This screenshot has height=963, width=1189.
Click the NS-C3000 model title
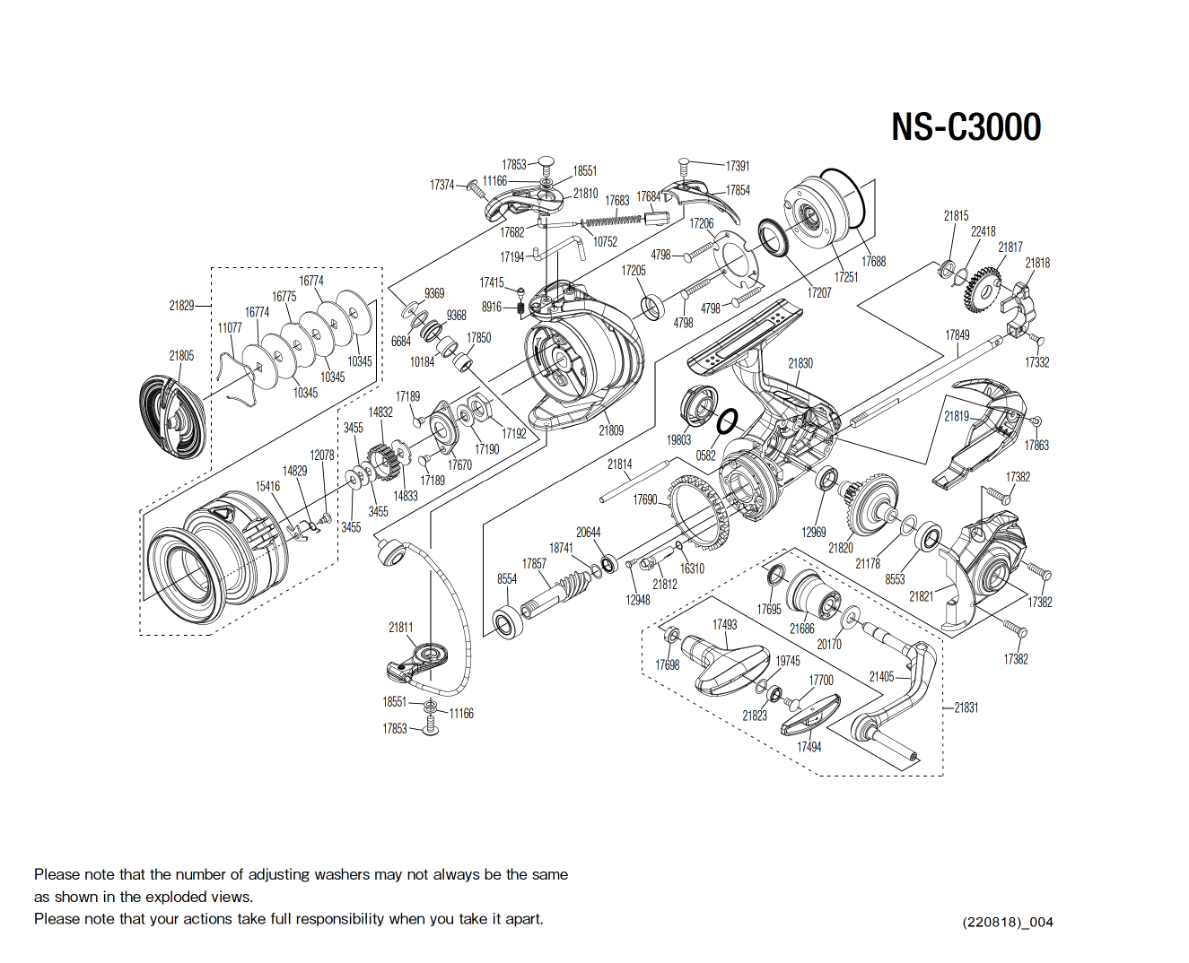(966, 126)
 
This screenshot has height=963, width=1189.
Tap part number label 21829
(181, 306)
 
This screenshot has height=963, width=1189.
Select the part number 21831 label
(966, 707)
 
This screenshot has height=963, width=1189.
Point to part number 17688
(873, 262)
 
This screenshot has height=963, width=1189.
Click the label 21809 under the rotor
(611, 430)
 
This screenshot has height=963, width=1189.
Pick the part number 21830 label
(800, 363)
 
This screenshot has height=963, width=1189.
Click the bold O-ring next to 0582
(728, 421)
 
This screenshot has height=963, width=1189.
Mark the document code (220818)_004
(1008, 922)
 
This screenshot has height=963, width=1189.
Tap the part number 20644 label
(589, 533)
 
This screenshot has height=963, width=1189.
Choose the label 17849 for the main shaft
(957, 335)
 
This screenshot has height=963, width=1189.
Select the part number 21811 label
(401, 628)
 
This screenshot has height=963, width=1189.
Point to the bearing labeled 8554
(509, 621)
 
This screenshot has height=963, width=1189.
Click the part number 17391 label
(738, 166)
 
